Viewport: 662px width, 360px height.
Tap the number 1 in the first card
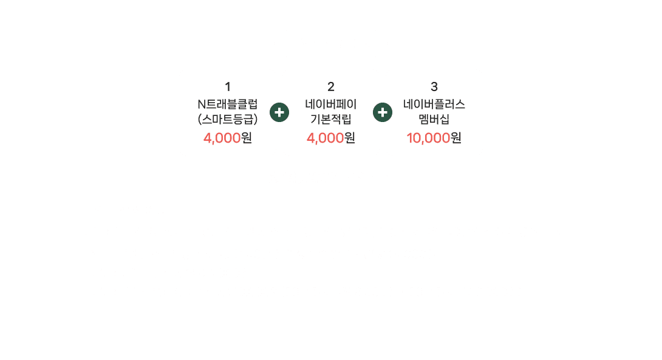pos(227,87)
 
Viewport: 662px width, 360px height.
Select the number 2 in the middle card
pos(331,87)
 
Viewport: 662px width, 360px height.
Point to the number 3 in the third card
pos(434,87)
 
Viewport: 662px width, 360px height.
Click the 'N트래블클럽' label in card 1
pos(228,104)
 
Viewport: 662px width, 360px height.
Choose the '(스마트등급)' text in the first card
pos(228,118)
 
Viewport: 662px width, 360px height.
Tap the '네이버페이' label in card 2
pos(331,104)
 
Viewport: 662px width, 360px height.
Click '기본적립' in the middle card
pos(331,118)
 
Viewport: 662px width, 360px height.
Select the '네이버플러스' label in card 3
pos(434,104)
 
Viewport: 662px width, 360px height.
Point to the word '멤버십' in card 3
pos(434,118)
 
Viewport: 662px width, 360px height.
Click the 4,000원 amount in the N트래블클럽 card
pos(228,138)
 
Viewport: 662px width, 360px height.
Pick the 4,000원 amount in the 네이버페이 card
pos(331,138)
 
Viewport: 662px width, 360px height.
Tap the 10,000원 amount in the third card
pos(434,138)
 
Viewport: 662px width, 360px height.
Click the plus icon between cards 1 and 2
pos(279,113)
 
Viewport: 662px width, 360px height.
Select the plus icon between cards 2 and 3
pos(383,113)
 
